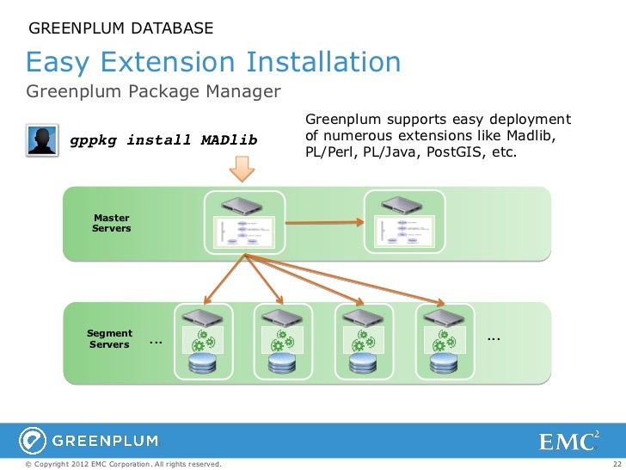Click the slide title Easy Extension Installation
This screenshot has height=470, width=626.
point(213,62)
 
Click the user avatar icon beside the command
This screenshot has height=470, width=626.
point(41,141)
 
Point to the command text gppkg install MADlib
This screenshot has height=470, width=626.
point(163,140)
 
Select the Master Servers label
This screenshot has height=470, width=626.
point(111,224)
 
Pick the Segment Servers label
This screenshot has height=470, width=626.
point(109,339)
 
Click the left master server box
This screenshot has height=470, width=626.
point(245,220)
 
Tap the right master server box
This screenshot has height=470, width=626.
point(405,220)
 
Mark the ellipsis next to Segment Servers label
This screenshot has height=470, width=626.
point(154,343)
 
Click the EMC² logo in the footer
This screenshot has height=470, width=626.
point(569,442)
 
